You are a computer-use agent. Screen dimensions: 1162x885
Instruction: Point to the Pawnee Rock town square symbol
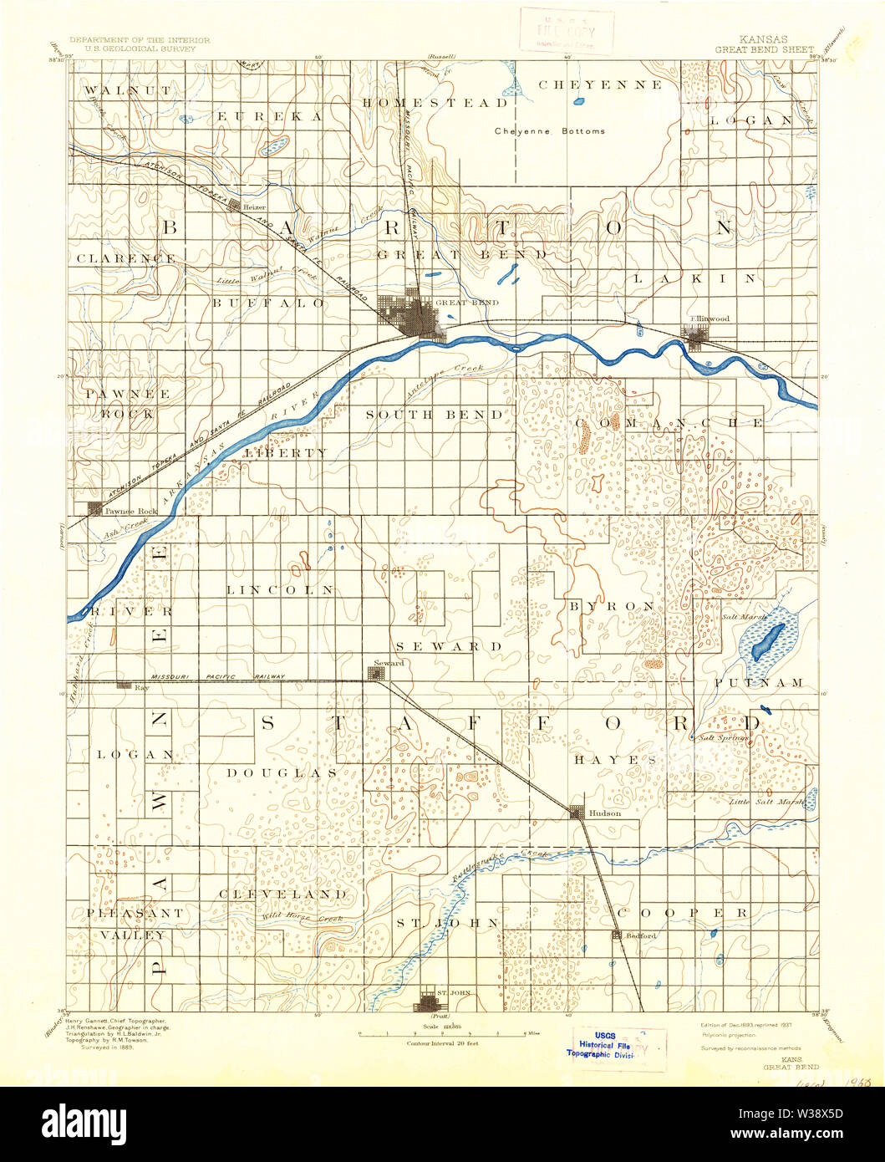[94, 507]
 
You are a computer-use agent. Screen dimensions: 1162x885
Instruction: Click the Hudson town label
[604, 813]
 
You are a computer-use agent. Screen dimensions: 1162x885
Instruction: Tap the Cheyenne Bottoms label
[549, 130]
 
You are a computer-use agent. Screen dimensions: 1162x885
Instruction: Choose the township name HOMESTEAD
[435, 103]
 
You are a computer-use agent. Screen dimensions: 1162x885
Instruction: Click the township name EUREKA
[269, 117]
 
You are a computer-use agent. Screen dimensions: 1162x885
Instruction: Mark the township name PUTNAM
[759, 683]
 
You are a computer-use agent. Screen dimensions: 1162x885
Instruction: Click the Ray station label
[141, 687]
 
